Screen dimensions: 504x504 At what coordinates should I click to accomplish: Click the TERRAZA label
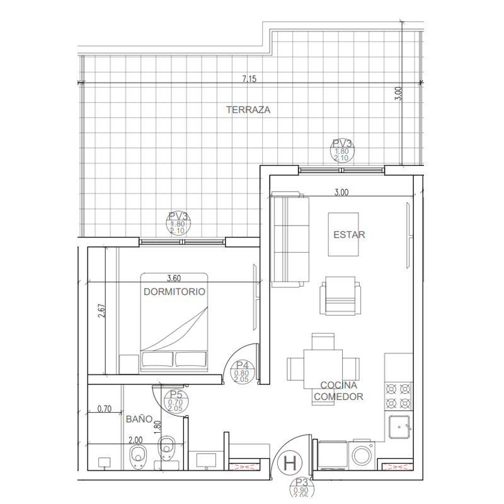pyautogui.click(x=248, y=110)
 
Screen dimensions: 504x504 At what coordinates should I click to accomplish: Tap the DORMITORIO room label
pyautogui.click(x=175, y=292)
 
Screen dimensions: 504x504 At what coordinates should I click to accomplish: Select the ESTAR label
pyautogui.click(x=349, y=235)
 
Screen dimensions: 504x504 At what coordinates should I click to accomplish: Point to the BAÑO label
pyautogui.click(x=139, y=419)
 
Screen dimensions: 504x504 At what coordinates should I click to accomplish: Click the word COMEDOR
pyautogui.click(x=338, y=397)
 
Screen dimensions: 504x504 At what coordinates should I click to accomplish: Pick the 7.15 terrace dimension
pyautogui.click(x=249, y=79)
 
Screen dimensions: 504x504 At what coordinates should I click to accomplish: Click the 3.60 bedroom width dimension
pyautogui.click(x=174, y=278)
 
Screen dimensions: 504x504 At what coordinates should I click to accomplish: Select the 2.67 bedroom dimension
pyautogui.click(x=101, y=311)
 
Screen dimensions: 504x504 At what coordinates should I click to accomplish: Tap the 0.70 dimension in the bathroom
pyautogui.click(x=105, y=409)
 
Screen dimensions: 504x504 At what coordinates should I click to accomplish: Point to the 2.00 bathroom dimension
pyautogui.click(x=135, y=440)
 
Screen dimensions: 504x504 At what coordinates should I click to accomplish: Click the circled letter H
pyautogui.click(x=290, y=463)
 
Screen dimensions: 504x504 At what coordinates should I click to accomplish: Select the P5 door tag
pyautogui.click(x=176, y=401)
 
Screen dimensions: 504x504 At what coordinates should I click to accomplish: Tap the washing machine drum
pyautogui.click(x=361, y=455)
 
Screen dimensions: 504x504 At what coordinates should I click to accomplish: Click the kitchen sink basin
pyautogui.click(x=399, y=427)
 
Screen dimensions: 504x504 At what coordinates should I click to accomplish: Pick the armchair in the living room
pyautogui.click(x=340, y=295)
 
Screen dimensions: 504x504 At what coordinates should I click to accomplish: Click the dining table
pyautogui.click(x=323, y=369)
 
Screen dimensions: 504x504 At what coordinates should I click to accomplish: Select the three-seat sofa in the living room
pyautogui.click(x=289, y=239)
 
